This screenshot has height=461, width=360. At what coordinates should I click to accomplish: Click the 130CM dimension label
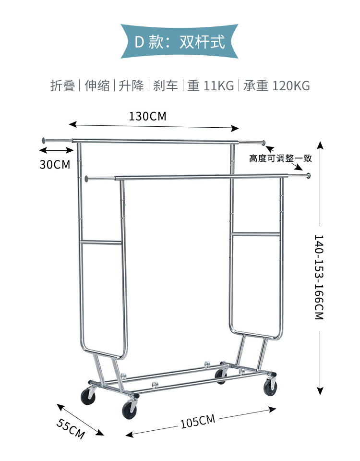147,116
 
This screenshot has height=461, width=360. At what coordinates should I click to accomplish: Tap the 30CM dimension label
55,164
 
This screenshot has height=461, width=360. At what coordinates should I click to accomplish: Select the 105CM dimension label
197,421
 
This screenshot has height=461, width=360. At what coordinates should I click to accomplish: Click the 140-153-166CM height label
319,277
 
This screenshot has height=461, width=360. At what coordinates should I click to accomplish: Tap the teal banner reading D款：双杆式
180,42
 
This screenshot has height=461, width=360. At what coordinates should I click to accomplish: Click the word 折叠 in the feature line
63,86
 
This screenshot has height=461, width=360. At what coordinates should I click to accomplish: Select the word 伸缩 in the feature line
97,86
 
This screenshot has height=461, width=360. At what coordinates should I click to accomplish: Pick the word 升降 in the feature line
132,86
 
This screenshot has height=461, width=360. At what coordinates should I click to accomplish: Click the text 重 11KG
211,86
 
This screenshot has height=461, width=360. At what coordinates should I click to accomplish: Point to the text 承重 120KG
276,86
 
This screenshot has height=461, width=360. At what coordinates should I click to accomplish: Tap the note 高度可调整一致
280,158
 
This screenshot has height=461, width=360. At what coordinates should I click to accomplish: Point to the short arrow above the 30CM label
57,151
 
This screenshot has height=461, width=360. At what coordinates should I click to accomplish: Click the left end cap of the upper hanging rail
44,141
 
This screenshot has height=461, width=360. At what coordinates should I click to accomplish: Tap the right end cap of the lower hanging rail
309,176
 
